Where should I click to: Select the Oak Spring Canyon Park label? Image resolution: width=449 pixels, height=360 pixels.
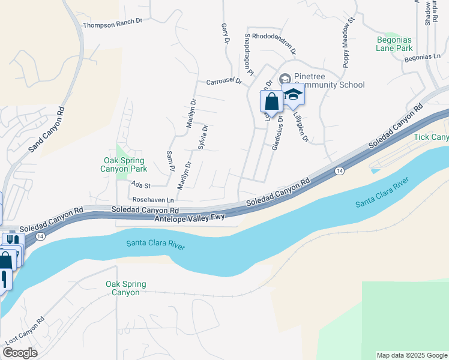pos(124,164)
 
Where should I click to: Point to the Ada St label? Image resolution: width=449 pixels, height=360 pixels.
pos(140,186)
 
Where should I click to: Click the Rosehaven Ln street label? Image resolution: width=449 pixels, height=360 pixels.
pos(154,200)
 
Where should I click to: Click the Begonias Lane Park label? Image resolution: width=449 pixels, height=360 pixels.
pos(394,44)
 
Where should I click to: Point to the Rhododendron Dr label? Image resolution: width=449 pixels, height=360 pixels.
pos(274,35)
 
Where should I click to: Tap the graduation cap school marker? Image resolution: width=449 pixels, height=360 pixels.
pos(293,95)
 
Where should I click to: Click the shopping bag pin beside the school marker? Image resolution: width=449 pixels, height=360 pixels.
pos(271,100)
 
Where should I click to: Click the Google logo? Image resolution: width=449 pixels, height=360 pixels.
pos(20,353)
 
